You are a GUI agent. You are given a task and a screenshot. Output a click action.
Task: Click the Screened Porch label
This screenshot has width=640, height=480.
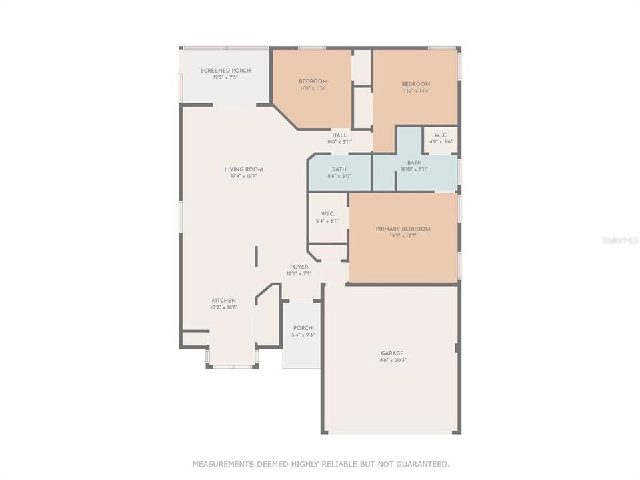coord(225,70)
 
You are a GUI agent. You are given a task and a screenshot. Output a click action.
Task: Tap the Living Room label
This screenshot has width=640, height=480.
coord(244,169)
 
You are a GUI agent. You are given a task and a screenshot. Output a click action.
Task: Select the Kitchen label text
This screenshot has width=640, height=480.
coord(223,300)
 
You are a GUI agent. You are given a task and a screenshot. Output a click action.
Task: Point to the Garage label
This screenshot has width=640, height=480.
coord(392,353)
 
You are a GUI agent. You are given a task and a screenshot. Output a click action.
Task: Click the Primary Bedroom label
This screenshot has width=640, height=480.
coord(403,229)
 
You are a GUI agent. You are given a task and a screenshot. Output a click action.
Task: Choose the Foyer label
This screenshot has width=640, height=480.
coord(299,267)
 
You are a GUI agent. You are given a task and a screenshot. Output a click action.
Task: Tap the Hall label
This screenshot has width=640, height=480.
coord(340,135)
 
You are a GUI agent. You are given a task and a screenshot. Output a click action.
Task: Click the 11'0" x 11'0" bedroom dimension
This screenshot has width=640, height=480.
coord(313,89)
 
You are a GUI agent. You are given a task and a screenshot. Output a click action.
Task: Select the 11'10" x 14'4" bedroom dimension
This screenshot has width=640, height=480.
coord(415,91)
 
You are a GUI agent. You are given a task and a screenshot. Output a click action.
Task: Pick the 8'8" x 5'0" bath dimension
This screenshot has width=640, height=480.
coord(339,176)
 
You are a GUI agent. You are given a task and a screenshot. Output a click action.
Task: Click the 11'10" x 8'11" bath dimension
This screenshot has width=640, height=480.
coord(415,169)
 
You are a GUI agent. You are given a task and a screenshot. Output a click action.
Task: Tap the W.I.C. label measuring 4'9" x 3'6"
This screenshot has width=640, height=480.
coord(441,135)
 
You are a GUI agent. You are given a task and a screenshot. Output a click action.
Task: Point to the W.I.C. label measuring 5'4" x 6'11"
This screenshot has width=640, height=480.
coord(327,214)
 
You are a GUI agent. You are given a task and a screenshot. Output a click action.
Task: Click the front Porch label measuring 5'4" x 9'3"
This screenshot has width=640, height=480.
coord(303,328)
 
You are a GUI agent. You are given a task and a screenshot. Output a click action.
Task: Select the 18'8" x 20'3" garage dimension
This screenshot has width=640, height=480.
coord(392,360)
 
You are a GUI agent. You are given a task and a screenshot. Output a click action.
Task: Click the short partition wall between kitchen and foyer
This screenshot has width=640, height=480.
coord(256,257)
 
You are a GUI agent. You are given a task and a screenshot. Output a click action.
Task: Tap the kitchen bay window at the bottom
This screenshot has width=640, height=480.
coord(232,365)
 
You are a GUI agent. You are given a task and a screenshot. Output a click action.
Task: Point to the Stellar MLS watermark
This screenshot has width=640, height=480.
coord(619,239)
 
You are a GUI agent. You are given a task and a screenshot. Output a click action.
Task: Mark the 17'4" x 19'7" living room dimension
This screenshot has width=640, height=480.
coord(244,177)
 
